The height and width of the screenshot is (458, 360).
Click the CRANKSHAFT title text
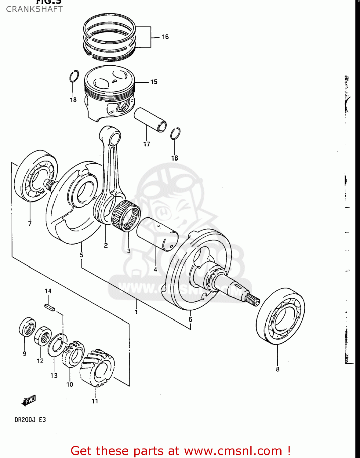tap(34, 9)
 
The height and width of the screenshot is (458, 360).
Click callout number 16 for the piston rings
tap(165, 37)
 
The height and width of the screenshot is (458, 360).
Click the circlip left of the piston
tap(74, 76)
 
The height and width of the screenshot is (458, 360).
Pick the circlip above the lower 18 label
tap(175, 133)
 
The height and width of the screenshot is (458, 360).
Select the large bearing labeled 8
tap(281, 316)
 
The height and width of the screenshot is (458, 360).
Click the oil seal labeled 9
tap(27, 327)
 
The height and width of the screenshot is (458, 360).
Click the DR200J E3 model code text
tap(30, 420)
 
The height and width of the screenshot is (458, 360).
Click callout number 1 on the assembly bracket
tap(136, 312)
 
